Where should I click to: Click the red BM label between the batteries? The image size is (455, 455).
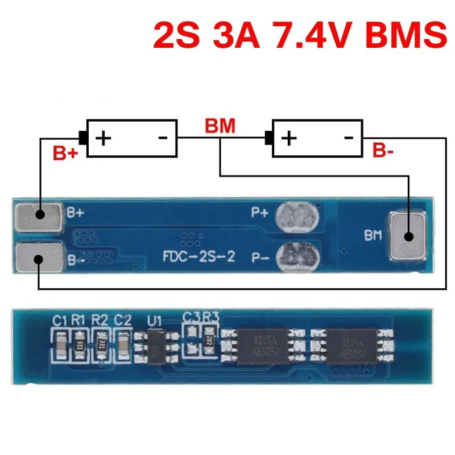(x=220, y=126)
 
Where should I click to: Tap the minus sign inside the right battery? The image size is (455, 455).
(x=349, y=137)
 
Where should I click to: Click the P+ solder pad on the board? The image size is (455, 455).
(x=297, y=216)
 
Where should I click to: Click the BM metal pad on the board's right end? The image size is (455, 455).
(x=408, y=235)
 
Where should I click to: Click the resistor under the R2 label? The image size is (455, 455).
(x=102, y=344)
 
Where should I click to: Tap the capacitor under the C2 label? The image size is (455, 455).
(x=124, y=344)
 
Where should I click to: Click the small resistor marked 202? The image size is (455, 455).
(x=209, y=344)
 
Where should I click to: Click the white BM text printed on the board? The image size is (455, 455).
(x=373, y=235)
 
